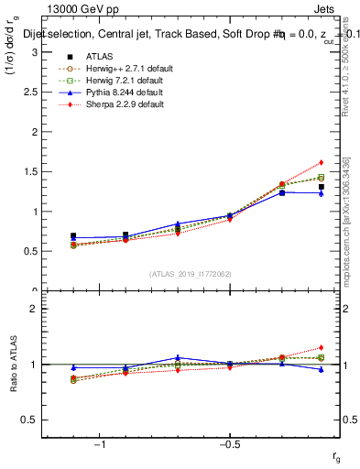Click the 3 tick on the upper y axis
[x=34, y=52]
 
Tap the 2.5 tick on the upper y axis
[x=30, y=93]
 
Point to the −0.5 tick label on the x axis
[x=228, y=444]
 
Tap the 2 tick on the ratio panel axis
[x=34, y=309]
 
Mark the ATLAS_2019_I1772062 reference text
[x=190, y=273]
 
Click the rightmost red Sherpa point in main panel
[x=321, y=162]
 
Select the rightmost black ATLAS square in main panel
[x=321, y=187]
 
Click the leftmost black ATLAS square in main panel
[x=73, y=235]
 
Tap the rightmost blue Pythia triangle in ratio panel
[x=321, y=369]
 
